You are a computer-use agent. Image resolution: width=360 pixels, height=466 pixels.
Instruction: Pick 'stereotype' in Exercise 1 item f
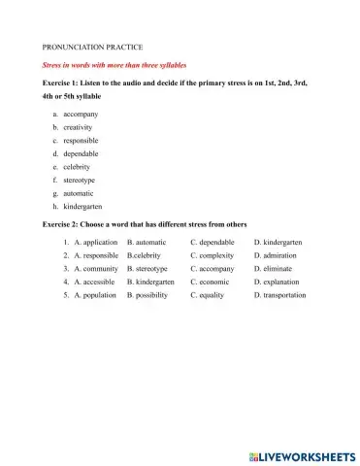click(x=80, y=180)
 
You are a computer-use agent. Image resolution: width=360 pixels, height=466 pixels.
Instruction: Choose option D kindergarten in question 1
click(x=282, y=242)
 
